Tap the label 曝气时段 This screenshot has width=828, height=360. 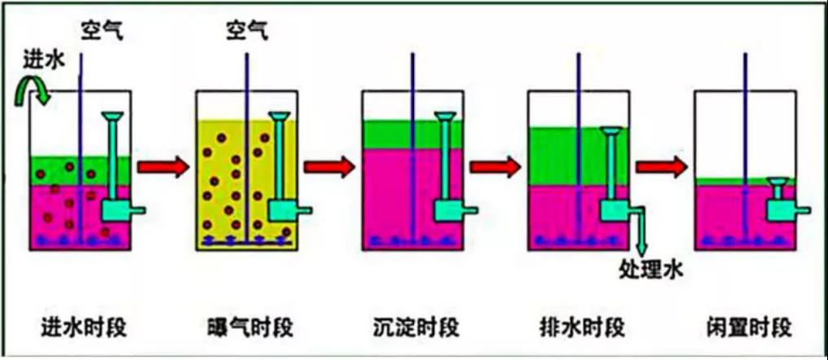coord(245,327)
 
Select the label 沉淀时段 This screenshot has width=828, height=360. coord(412,327)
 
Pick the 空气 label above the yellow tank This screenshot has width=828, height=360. coord(246,33)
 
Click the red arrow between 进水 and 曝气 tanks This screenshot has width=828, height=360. coord(162,168)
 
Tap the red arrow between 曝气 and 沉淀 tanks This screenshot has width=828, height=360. coord(329,168)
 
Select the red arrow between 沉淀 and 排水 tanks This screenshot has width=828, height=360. coord(495,168)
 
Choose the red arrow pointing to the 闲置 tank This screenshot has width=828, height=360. coord(662,168)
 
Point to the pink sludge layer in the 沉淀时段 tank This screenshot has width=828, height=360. coord(391,195)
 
